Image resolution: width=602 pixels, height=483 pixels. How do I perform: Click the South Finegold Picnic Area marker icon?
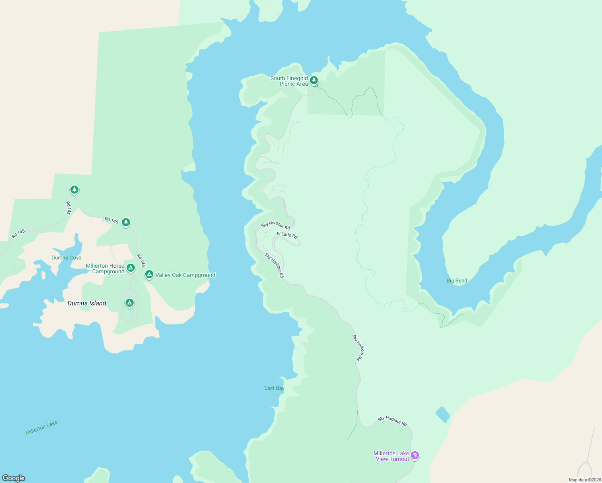tap(314, 80)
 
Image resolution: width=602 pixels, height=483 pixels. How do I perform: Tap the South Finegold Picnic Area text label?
tap(289, 81)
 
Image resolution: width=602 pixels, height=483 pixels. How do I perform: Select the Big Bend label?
tap(457, 281)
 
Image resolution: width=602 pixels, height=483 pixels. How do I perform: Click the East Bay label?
tap(274, 388)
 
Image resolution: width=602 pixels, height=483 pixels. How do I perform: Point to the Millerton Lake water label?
tap(41, 427)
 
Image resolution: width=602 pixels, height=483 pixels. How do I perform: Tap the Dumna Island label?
tap(87, 303)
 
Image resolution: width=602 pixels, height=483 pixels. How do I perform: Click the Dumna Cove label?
tap(66, 258)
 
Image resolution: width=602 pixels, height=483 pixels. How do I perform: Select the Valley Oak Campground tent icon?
tap(149, 275)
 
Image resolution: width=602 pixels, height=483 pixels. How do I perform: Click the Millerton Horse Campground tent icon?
tap(130, 268)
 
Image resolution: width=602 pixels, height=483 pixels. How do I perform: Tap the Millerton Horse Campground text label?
tap(105, 268)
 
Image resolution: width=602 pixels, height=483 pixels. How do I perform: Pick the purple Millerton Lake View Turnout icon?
tap(415, 456)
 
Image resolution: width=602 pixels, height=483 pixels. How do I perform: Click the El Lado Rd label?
tap(287, 235)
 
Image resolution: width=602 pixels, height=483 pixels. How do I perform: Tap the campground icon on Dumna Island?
tap(129, 303)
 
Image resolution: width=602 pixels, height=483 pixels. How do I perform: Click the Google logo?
tap(14, 478)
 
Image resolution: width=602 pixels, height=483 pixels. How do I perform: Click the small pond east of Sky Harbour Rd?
tap(443, 415)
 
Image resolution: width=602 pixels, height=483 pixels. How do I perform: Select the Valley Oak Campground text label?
tap(185, 275)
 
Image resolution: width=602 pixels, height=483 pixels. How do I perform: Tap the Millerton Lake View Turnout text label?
tap(391, 456)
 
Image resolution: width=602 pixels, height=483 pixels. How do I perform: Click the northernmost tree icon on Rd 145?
tap(74, 190)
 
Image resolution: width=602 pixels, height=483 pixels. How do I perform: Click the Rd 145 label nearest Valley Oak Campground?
tap(141, 260)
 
